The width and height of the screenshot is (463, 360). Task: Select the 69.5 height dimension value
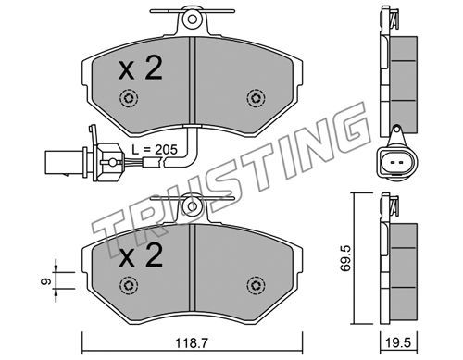345,258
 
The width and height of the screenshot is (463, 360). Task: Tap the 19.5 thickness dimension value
399,343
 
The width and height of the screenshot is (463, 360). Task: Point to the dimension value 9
46,281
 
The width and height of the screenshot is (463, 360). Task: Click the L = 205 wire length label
155,150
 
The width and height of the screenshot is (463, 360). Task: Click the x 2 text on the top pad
141,69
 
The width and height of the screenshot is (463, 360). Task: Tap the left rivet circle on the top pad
129,99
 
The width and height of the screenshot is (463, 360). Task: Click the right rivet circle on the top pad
256,99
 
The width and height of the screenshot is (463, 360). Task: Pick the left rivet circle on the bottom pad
129,285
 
